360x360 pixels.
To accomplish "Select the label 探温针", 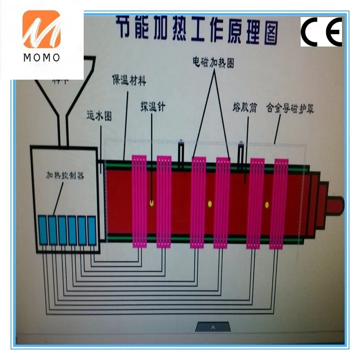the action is point(153,107).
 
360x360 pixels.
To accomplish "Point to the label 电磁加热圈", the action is point(213,62).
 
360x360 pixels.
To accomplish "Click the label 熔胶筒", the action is point(245,108).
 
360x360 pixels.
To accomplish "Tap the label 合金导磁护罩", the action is point(290,108).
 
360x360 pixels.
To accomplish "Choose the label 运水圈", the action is point(99,116).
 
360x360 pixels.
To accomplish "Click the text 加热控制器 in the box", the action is point(65,175).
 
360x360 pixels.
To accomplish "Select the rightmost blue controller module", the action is point(92,230).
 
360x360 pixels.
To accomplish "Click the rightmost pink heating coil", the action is point(278,202).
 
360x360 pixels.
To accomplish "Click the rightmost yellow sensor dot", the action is point(266,205).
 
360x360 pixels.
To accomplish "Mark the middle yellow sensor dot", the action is point(209,204).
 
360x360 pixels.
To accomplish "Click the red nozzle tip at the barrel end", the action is point(335,205).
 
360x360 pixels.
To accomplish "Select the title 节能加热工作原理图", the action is point(197,28).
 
